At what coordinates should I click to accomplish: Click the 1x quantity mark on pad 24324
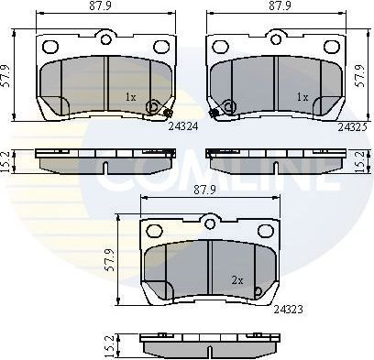pyautogui.click(x=131, y=95)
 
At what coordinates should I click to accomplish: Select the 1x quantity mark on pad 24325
pyautogui.click(x=300, y=95)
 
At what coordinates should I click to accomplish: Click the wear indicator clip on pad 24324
pyautogui.click(x=170, y=113)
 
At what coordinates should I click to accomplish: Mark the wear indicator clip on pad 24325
pyautogui.click(x=214, y=113)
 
